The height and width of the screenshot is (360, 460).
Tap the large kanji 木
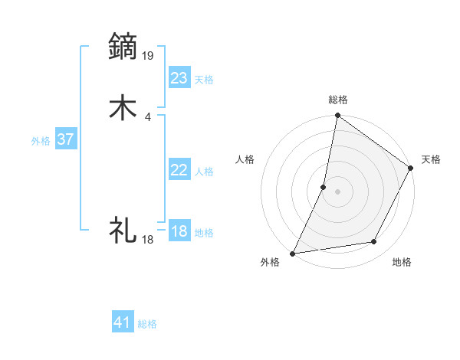pyautogui.click(x=123, y=108)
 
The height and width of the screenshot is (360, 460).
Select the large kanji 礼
pyautogui.click(x=123, y=230)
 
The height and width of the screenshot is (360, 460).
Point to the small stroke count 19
pyautogui.click(x=149, y=55)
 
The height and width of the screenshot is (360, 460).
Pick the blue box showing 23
pyautogui.click(x=179, y=77)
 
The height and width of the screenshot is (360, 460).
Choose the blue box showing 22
pyautogui.click(x=179, y=170)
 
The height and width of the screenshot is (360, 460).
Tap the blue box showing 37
pyautogui.click(x=66, y=139)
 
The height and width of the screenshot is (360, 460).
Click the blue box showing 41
pyautogui.click(x=123, y=322)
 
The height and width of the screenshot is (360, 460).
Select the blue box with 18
pyautogui.click(x=179, y=231)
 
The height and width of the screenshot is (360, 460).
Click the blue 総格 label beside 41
pyautogui.click(x=147, y=324)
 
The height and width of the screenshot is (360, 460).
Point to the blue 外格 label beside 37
pyautogui.click(x=41, y=141)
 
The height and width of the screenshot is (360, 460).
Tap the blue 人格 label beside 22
pyautogui.click(x=204, y=172)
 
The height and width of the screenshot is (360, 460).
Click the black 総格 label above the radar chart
pyautogui.click(x=338, y=100)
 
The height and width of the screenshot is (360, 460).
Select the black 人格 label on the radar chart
pyautogui.click(x=245, y=159)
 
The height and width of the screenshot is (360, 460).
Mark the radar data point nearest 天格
pyautogui.click(x=411, y=169)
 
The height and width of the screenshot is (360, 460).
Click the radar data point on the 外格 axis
pyautogui.click(x=293, y=253)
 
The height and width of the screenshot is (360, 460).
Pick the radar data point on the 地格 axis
pyautogui.click(x=374, y=242)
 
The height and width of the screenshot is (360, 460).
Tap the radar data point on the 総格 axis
pyautogui.click(x=337, y=116)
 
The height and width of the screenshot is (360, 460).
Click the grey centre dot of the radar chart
pyautogui.click(x=337, y=191)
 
